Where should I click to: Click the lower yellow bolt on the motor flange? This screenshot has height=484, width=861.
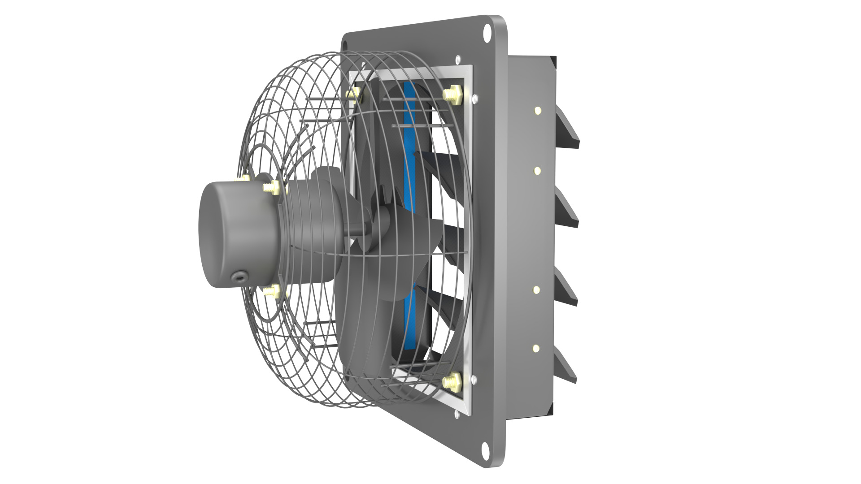pyautogui.click(x=271, y=292)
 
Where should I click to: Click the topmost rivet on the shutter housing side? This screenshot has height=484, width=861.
pyautogui.click(x=537, y=110)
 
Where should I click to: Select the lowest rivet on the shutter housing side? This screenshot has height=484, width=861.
pyautogui.click(x=536, y=348)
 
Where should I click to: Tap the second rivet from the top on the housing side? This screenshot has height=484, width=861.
pyautogui.click(x=537, y=171)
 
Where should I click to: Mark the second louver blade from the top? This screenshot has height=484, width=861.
pyautogui.click(x=567, y=208)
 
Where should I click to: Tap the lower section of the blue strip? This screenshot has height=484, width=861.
pyautogui.click(x=409, y=314)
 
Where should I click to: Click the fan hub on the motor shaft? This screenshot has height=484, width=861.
pyautogui.click(x=359, y=226)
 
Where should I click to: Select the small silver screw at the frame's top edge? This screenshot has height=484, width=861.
pyautogui.click(x=457, y=59)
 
